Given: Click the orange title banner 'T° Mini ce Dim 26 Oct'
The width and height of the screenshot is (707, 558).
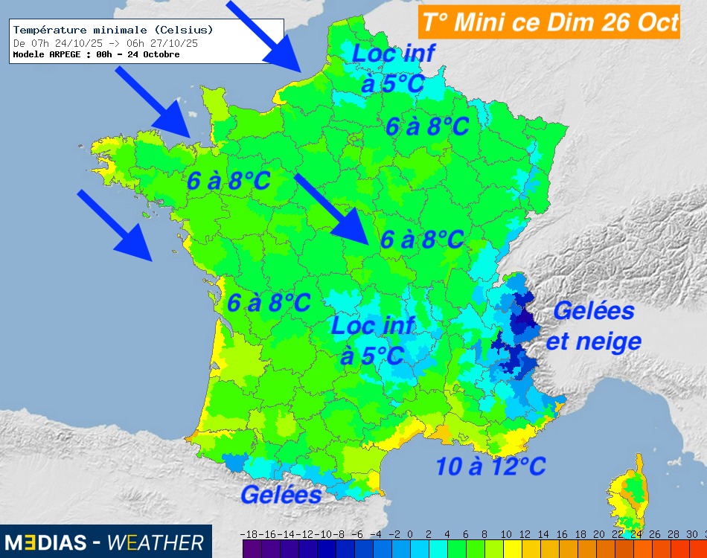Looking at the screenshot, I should pos(549,21).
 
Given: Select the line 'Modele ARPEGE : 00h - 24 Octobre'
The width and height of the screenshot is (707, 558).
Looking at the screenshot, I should pos(97,54).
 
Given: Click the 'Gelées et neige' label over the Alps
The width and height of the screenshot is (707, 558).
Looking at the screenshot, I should pos(594,325).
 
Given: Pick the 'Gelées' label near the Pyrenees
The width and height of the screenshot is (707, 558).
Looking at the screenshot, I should pos(281,494).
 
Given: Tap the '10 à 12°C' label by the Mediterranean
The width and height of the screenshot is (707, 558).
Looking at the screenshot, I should pos(490,466).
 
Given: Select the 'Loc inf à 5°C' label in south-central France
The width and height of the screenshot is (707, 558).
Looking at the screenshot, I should pos(372,340).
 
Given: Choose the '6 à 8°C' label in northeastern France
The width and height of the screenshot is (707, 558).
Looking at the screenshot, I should pos(427,126).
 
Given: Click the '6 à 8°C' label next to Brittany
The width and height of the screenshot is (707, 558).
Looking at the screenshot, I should pos(228,181).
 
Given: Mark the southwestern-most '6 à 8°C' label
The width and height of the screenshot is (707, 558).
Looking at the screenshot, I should pos(269,303).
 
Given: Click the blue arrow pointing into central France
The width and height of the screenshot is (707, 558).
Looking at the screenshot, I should pos(332,209).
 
